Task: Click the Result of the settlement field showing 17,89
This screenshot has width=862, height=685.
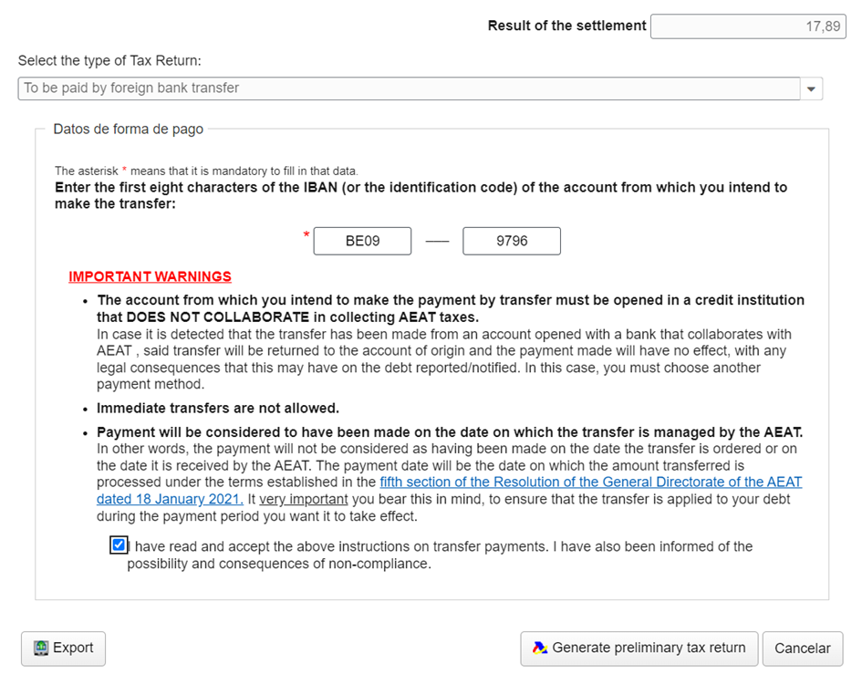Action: pyautogui.click(x=747, y=26)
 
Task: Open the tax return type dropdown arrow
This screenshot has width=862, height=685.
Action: pyautogui.click(x=811, y=88)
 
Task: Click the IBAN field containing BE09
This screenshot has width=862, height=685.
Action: pyautogui.click(x=362, y=241)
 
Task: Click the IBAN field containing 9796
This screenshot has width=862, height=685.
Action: pyautogui.click(x=511, y=241)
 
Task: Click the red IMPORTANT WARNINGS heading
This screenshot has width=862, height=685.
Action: pyautogui.click(x=150, y=276)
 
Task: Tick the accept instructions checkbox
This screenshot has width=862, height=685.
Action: pyautogui.click(x=118, y=545)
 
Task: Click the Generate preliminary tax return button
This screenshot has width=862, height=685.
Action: pyautogui.click(x=639, y=648)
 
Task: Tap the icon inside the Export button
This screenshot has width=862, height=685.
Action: pyautogui.click(x=41, y=648)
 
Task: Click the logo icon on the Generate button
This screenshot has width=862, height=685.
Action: pyautogui.click(x=540, y=648)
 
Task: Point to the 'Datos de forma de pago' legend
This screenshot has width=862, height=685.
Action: pyautogui.click(x=128, y=130)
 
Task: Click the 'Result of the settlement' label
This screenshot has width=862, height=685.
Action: pyautogui.click(x=566, y=26)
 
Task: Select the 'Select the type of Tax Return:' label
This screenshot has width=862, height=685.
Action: pyautogui.click(x=109, y=61)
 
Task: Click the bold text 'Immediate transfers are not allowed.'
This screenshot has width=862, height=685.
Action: pyautogui.click(x=218, y=408)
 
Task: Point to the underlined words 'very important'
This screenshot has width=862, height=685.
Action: pyautogui.click(x=303, y=500)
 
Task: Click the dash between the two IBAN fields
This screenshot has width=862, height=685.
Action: pyautogui.click(x=437, y=242)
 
